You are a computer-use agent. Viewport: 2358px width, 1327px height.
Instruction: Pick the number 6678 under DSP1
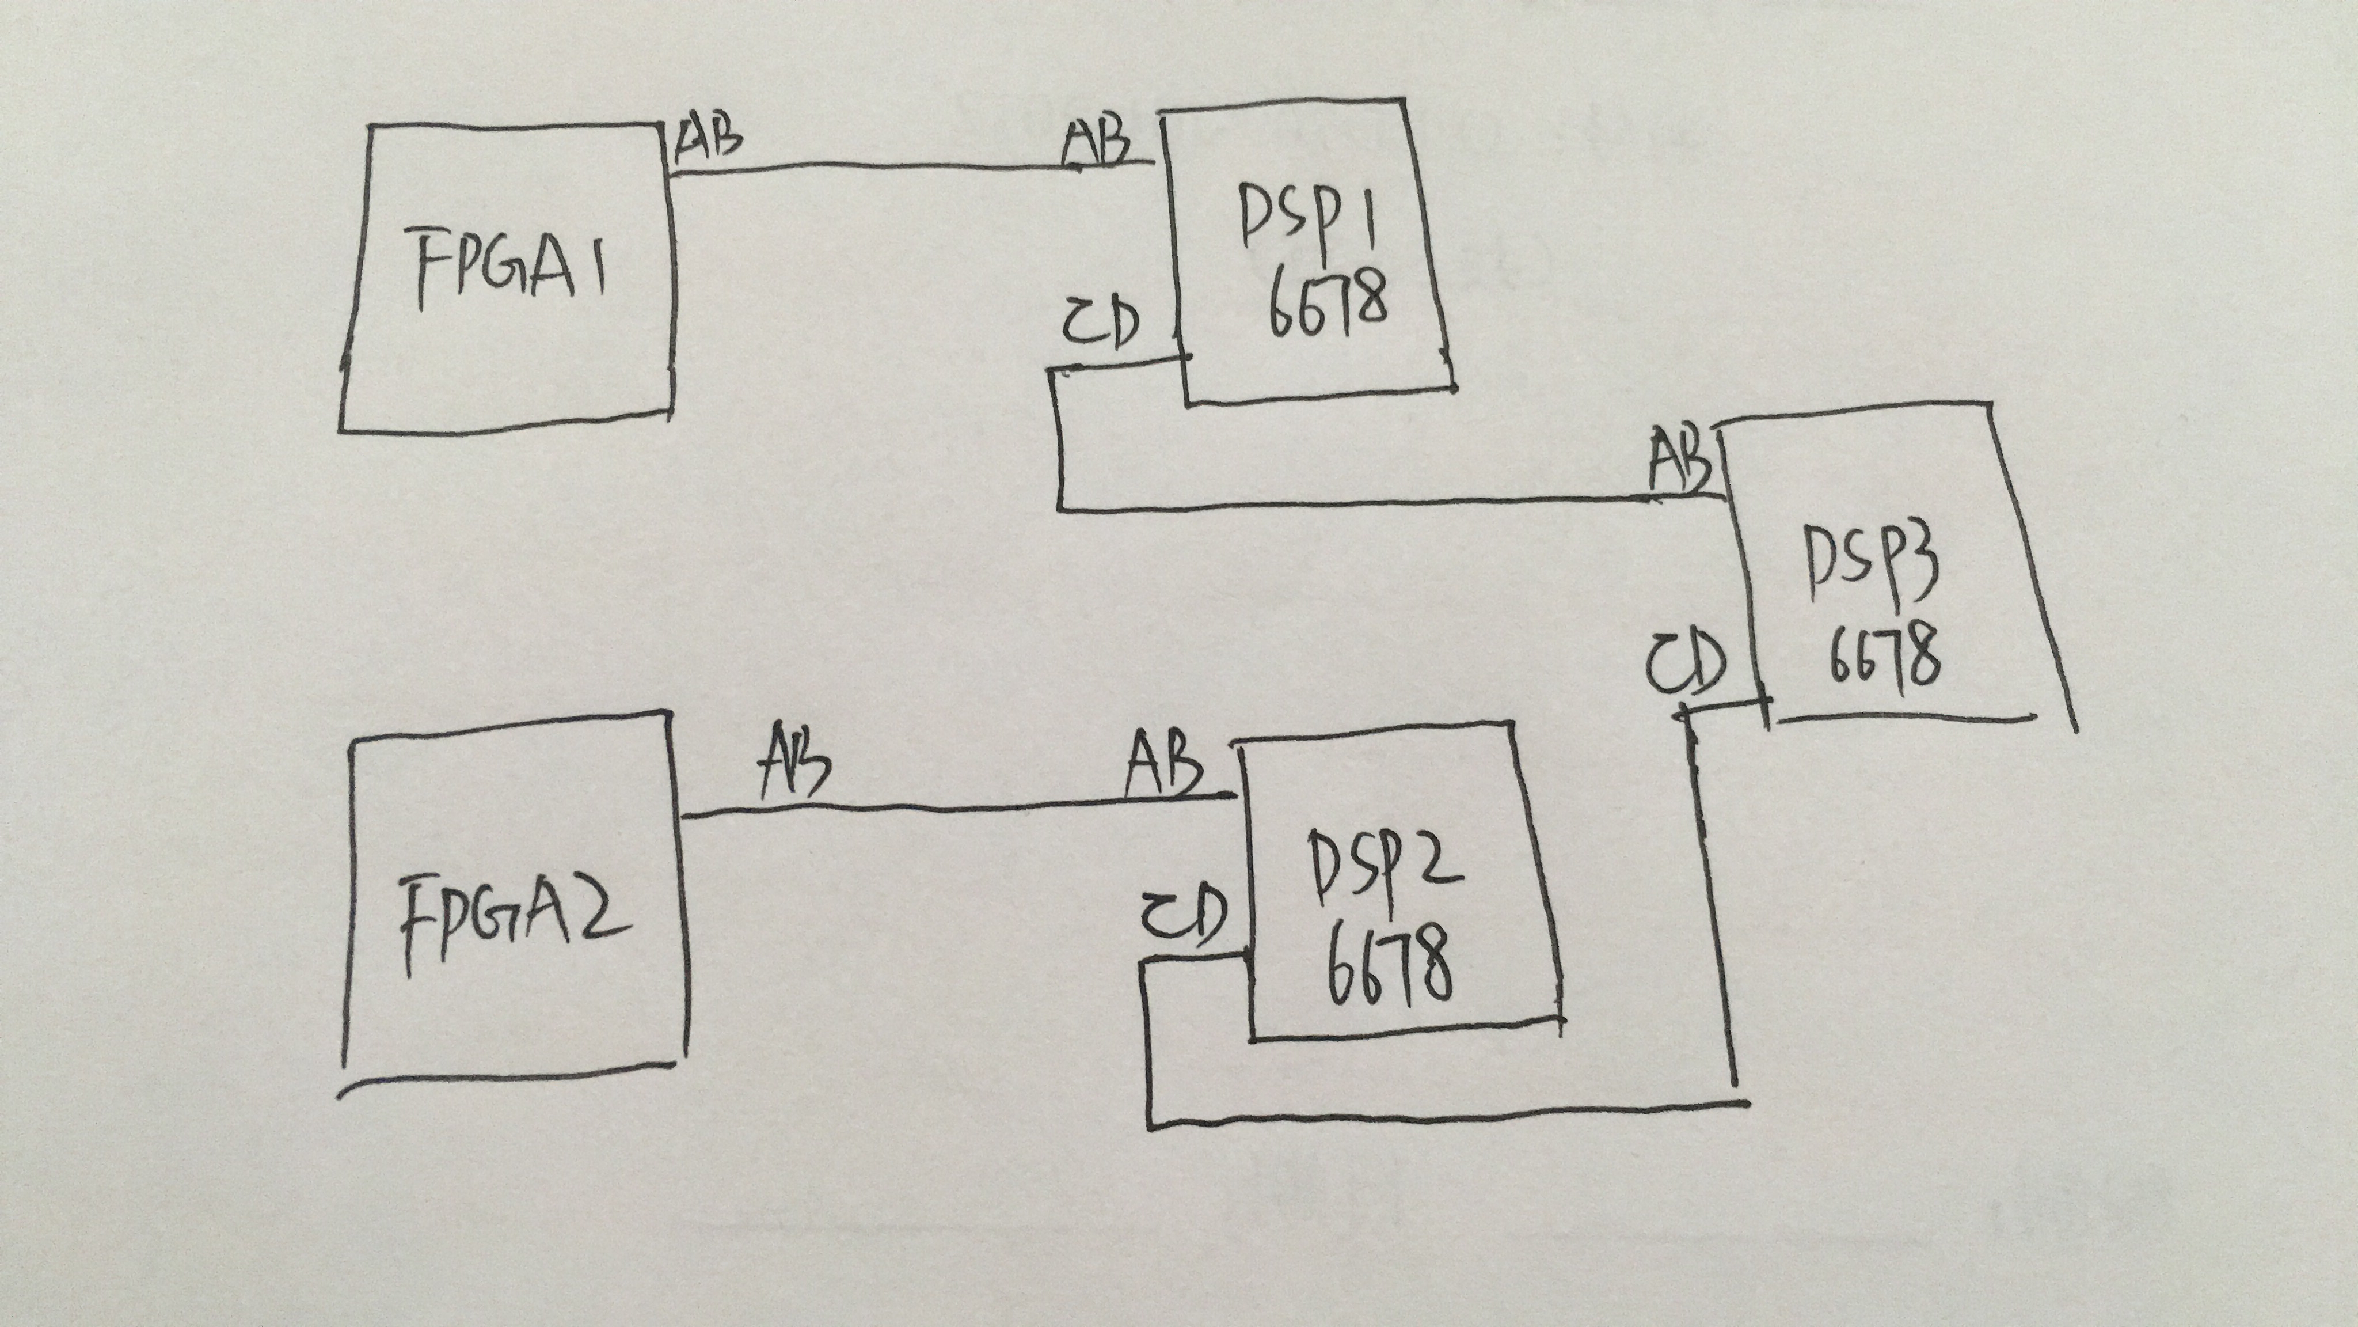pyautogui.click(x=1328, y=305)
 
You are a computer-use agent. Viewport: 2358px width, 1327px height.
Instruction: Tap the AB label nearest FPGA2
pyautogui.click(x=794, y=760)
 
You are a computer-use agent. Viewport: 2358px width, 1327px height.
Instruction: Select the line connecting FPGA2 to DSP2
pyautogui.click(x=957, y=806)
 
